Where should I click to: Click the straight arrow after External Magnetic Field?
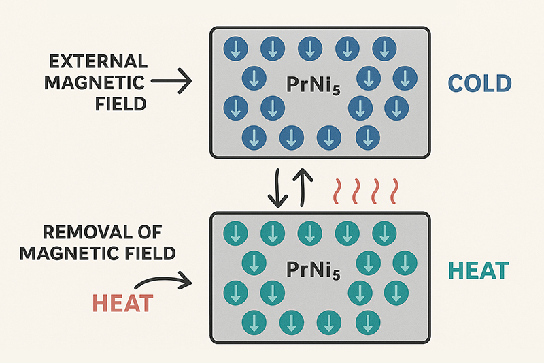[171, 84]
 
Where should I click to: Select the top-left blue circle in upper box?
[235, 48]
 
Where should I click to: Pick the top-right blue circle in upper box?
[384, 48]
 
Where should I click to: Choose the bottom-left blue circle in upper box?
[254, 137]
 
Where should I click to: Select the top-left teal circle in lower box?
[235, 233]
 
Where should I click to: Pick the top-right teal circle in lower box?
[384, 233]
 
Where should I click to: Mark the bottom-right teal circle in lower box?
[367, 321]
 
